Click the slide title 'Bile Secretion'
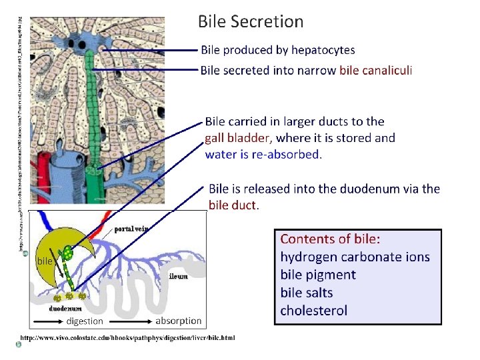[251, 22]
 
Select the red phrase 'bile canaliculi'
[376, 71]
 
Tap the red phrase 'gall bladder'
[238, 138]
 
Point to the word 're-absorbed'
[288, 155]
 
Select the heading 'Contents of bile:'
[335, 239]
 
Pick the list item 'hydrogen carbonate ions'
[355, 257]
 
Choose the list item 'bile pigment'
[318, 275]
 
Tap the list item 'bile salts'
[307, 293]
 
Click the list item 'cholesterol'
[314, 311]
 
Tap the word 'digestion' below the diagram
[85, 321]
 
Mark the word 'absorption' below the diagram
[178, 321]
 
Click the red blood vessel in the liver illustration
[43, 180]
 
